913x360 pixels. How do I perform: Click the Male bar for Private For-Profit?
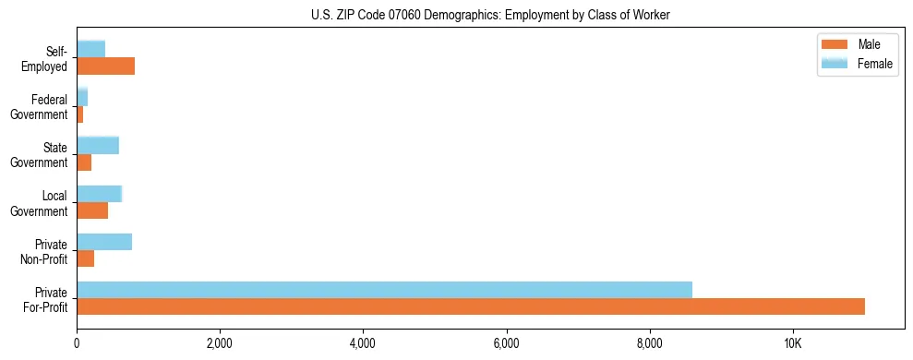(471, 306)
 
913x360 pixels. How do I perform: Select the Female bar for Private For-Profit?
(384, 290)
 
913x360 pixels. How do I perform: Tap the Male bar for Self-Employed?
(105, 66)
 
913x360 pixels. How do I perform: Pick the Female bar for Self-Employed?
(90, 49)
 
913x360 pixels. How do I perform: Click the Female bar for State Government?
(98, 145)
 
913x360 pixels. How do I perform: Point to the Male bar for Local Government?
(92, 210)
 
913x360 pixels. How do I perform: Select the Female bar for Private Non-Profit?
(104, 242)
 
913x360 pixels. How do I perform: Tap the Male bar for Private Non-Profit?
(85, 258)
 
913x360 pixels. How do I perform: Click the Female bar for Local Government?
(99, 194)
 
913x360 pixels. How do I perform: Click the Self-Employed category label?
(44, 59)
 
